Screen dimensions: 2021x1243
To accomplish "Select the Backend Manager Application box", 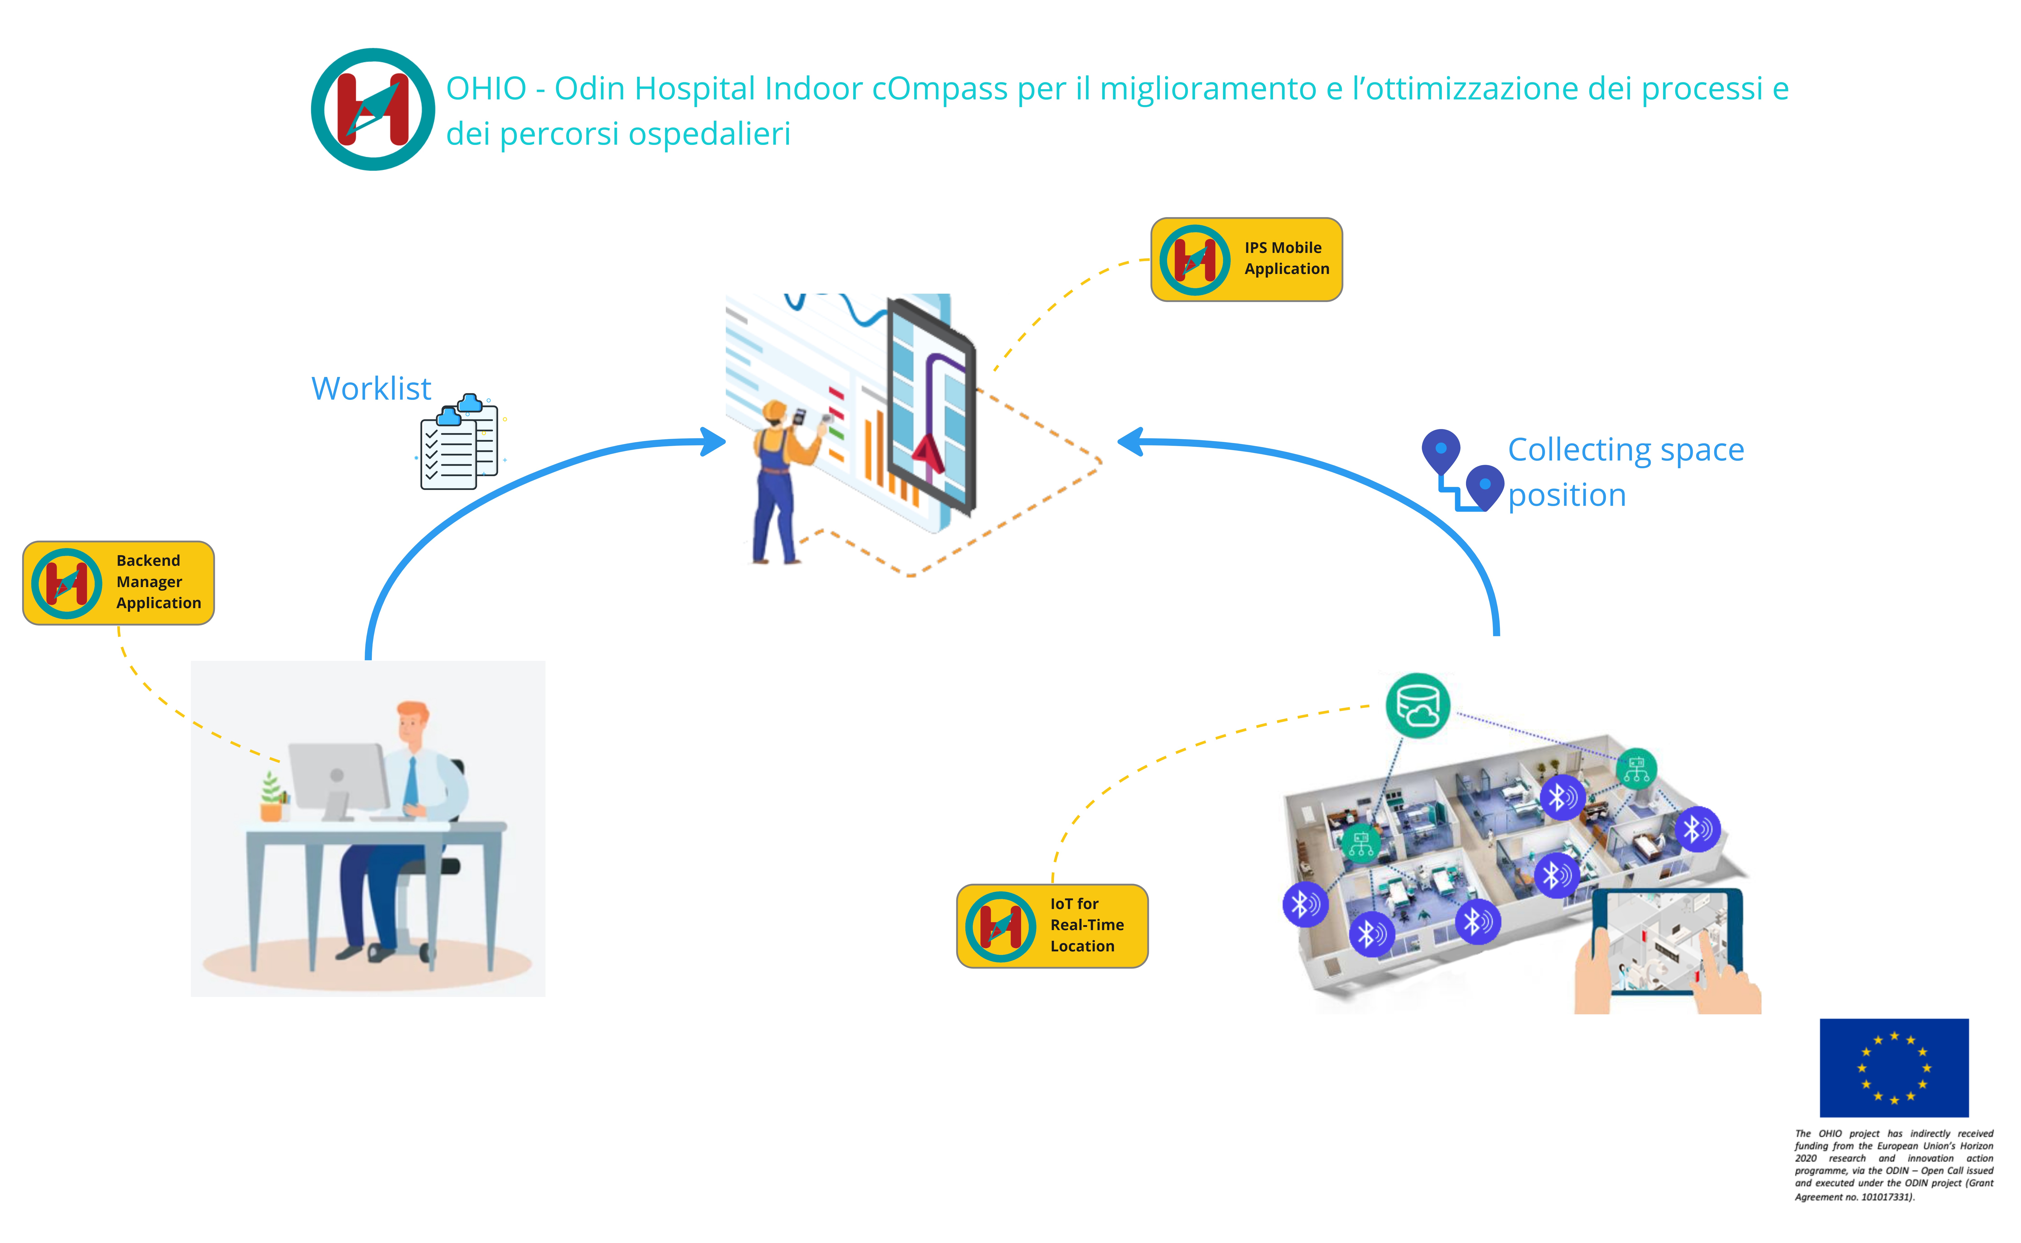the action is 118,583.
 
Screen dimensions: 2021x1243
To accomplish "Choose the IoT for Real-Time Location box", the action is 1053,926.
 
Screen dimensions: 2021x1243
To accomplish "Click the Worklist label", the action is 371,388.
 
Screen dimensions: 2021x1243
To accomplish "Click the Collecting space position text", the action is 1625,472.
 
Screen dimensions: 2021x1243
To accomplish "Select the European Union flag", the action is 1894,1068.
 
